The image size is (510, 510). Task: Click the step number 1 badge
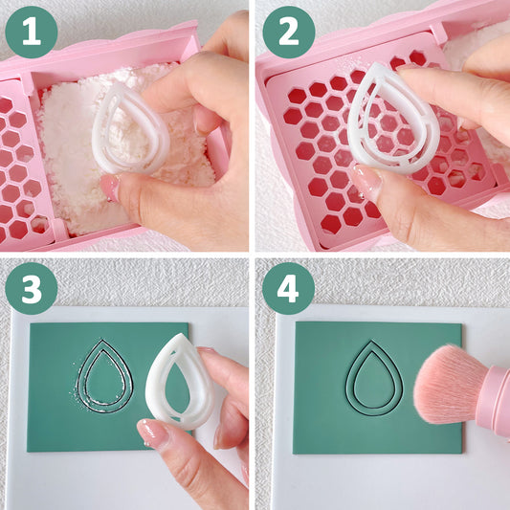coord(32,32)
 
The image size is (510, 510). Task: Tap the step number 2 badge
coord(289,32)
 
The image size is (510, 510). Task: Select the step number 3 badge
coord(32,289)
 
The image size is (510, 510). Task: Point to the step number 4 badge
coord(289,289)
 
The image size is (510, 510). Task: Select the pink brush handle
coord(496,402)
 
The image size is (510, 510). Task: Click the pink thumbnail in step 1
coord(110,188)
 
